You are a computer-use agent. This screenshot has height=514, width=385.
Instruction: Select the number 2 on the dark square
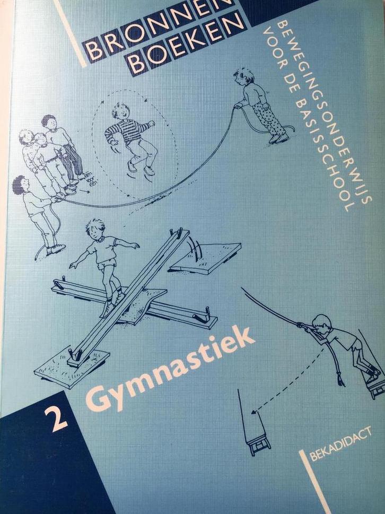tap(59, 419)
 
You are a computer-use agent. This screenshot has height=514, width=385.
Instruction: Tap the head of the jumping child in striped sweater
tap(121, 112)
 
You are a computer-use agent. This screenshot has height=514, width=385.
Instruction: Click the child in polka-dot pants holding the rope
tap(262, 106)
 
